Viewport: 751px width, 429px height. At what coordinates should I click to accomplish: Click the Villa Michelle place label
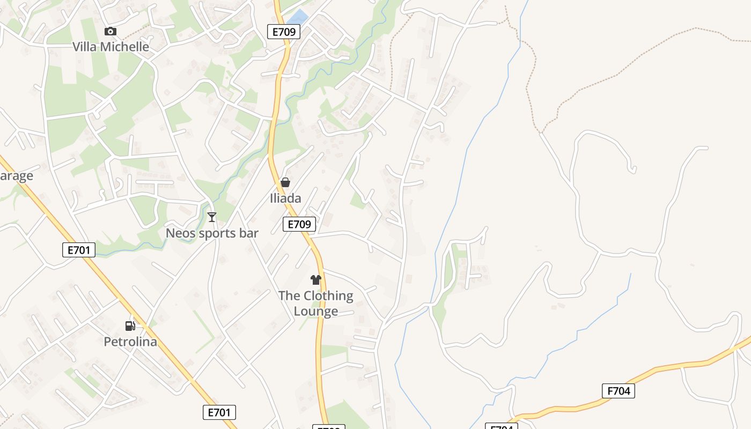pyautogui.click(x=111, y=47)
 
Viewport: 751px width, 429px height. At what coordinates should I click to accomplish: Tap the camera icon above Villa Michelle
pyautogui.click(x=111, y=32)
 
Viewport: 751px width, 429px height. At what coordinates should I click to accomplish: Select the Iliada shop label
pyautogui.click(x=285, y=198)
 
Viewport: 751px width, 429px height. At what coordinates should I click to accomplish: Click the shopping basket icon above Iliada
pyautogui.click(x=285, y=183)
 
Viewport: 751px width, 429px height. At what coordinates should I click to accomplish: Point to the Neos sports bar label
pyautogui.click(x=212, y=233)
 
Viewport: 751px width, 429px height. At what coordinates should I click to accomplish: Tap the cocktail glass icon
pyautogui.click(x=212, y=217)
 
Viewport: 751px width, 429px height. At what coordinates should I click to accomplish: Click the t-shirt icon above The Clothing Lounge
pyautogui.click(x=316, y=280)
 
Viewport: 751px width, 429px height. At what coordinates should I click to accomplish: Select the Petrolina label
pyautogui.click(x=130, y=342)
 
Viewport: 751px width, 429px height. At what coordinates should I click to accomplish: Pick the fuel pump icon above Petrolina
pyautogui.click(x=130, y=326)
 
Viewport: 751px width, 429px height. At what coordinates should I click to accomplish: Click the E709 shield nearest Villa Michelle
pyautogui.click(x=284, y=32)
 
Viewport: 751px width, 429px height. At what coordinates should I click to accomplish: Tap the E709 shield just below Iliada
pyautogui.click(x=299, y=224)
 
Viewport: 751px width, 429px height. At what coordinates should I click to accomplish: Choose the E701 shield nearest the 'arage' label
pyautogui.click(x=79, y=249)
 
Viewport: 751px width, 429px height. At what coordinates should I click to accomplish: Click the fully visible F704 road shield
pyautogui.click(x=619, y=391)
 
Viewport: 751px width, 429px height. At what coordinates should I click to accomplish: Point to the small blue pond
pyautogui.click(x=299, y=17)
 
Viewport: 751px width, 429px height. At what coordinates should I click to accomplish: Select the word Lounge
pyautogui.click(x=316, y=311)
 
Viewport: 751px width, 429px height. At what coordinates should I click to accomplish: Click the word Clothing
pyautogui.click(x=328, y=296)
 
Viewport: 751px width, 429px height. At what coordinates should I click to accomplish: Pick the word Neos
pyautogui.click(x=179, y=233)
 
